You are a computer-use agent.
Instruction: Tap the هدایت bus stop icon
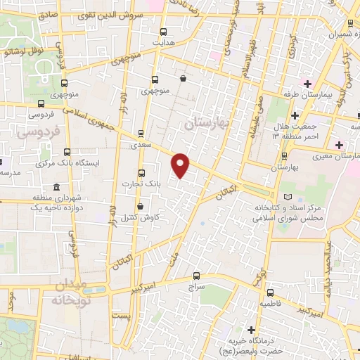pyautogui.click(x=164, y=32)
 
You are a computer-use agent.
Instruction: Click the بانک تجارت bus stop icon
pyautogui.click(x=141, y=173)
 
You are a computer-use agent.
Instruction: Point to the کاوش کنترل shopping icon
pyautogui.click(x=141, y=206)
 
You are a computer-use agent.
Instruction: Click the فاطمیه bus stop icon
pyautogui.click(x=269, y=292)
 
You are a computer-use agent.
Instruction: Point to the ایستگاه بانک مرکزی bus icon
pyautogui.click(x=67, y=151)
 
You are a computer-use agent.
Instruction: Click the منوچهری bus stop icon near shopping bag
pyautogui.click(x=155, y=79)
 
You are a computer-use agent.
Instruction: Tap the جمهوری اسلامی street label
pyautogui.click(x=88, y=116)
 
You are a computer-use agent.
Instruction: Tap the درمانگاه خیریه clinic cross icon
pyautogui.click(x=251, y=329)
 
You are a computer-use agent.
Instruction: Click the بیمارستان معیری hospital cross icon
pyautogui.click(x=340, y=145)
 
